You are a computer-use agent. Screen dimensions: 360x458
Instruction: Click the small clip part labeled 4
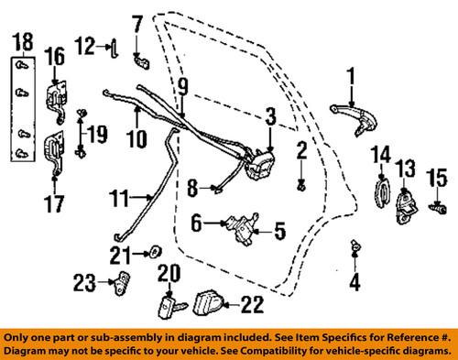(x=354, y=247)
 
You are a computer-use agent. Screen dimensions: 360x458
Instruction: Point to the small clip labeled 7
(x=142, y=60)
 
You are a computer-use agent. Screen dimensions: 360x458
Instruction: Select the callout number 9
(x=183, y=88)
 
